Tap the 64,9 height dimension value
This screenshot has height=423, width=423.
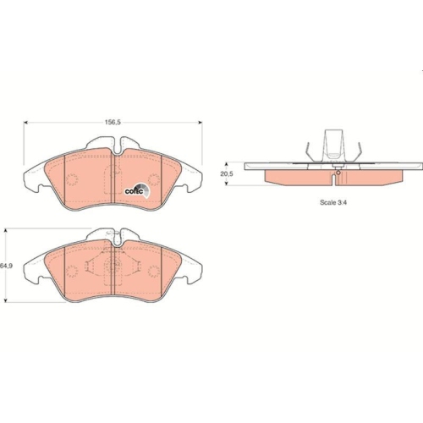[x=6, y=266]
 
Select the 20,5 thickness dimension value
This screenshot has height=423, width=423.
[x=227, y=173]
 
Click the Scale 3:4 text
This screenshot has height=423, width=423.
[x=333, y=202]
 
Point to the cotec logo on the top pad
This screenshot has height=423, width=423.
[x=138, y=190]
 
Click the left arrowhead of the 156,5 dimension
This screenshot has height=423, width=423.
[x=25, y=123]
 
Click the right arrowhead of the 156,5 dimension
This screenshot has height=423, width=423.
[x=201, y=123]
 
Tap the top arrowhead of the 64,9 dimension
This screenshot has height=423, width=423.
[x=6, y=230]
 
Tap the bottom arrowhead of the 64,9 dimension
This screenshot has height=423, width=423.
[x=6, y=300]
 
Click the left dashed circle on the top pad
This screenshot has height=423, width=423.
[x=72, y=179]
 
